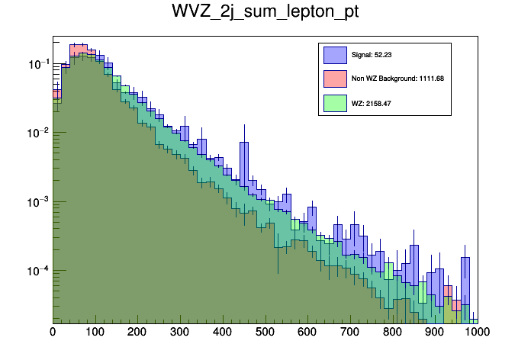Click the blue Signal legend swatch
click(335, 55)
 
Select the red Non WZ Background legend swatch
click(335, 78)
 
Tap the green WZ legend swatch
click(335, 101)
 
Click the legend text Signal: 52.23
click(371, 55)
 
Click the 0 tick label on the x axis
click(53, 332)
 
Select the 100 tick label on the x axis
click(95, 332)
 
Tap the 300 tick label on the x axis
click(180, 332)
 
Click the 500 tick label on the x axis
click(265, 332)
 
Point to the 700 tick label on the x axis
click(350, 332)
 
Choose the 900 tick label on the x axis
click(436, 332)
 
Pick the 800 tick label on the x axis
click(393, 332)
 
